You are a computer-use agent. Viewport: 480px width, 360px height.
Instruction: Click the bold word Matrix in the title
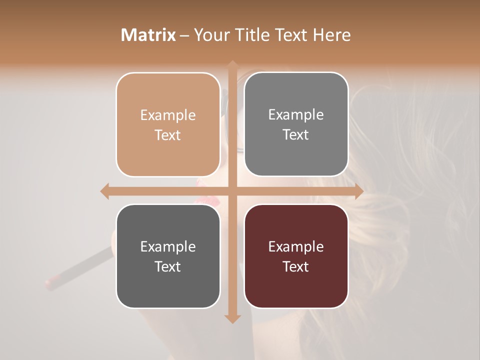(148, 35)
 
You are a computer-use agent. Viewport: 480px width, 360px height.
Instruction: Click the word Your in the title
(209, 35)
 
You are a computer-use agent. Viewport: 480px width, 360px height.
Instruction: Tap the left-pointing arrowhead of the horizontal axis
(104, 191)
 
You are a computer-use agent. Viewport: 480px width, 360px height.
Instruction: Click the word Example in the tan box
(168, 115)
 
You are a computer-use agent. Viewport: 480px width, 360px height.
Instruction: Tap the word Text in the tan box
(168, 135)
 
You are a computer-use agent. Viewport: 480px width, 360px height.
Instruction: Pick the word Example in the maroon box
(296, 246)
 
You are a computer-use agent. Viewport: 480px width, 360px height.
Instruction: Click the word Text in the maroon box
(296, 266)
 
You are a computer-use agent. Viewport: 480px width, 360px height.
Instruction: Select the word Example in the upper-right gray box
(296, 114)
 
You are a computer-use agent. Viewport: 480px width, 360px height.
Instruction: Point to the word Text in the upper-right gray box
(296, 134)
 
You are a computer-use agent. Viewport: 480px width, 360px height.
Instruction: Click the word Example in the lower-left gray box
(168, 246)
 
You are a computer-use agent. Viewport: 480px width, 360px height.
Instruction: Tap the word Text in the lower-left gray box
(168, 266)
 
